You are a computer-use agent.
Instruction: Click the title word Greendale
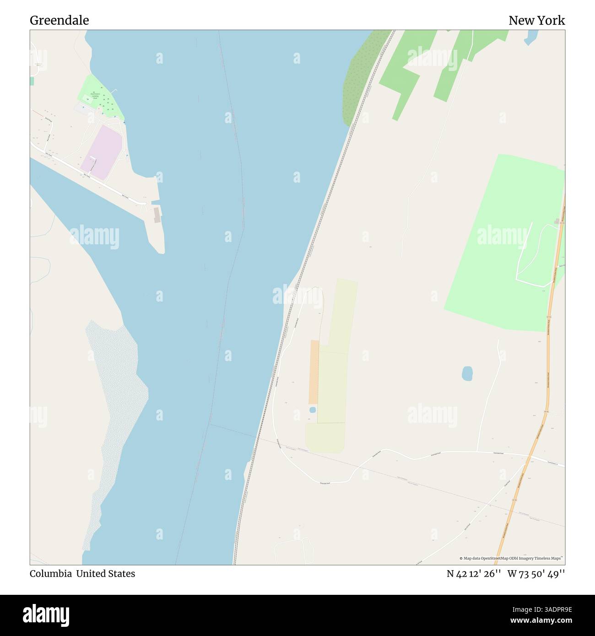click(x=59, y=20)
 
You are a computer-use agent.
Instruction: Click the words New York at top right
click(x=536, y=20)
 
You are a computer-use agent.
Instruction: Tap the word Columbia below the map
click(x=50, y=574)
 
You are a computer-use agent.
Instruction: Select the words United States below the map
click(x=105, y=574)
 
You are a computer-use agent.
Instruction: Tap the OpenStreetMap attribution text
click(x=512, y=558)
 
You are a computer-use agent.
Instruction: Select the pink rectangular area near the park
click(x=102, y=152)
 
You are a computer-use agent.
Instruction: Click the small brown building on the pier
click(x=157, y=215)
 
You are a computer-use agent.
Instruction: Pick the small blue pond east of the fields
click(x=467, y=373)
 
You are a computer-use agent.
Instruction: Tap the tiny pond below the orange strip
click(x=313, y=410)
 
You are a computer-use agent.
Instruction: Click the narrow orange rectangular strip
click(x=314, y=372)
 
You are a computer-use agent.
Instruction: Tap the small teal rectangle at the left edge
click(x=32, y=81)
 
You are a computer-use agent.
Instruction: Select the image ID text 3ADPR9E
click(x=548, y=609)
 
